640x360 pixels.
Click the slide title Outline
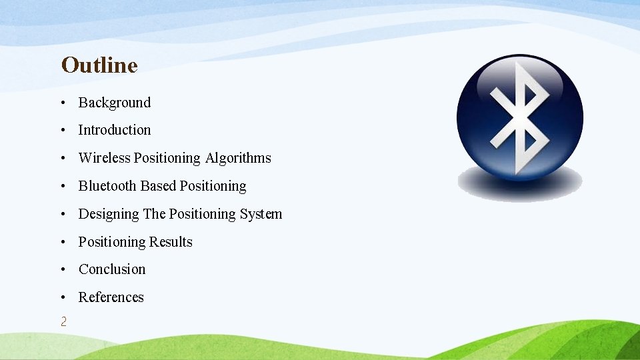coord(99,65)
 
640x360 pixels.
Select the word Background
coord(115,103)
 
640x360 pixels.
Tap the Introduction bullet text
coord(115,130)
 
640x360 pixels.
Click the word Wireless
coord(105,158)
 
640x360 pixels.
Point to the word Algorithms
coord(238,158)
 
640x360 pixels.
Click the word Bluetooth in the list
coord(107,186)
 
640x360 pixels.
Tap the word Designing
coord(109,214)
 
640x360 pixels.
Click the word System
coord(261,214)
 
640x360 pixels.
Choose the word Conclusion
coord(112,269)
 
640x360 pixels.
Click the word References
coord(111,297)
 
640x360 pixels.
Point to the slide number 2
coord(63,322)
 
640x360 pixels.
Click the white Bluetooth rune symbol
coord(520,116)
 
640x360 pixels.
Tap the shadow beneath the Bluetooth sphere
coord(519,185)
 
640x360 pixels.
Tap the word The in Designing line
coord(154,214)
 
